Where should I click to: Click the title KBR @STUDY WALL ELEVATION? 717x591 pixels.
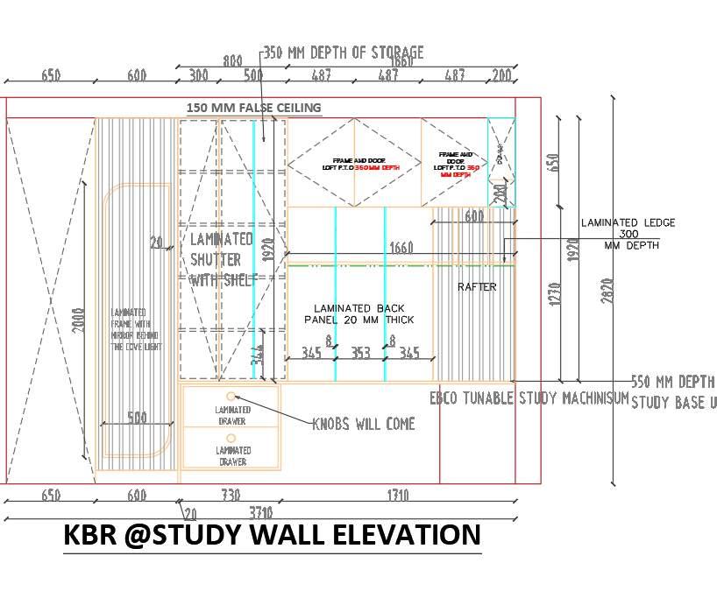click(272, 534)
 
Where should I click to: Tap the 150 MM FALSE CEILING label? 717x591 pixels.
click(253, 108)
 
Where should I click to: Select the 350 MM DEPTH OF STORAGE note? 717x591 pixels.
click(343, 53)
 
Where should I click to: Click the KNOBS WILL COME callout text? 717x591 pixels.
click(364, 424)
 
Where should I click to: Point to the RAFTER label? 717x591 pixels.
click(477, 286)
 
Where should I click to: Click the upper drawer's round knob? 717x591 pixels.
click(231, 397)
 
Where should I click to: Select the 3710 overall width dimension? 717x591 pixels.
click(260, 512)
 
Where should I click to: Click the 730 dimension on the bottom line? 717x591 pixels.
click(231, 496)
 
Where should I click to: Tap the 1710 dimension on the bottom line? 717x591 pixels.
click(397, 496)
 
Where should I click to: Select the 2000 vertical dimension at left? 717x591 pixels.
click(78, 320)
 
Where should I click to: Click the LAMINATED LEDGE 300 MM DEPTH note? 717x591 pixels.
click(628, 234)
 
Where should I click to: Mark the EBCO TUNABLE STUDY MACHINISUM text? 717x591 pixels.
click(529, 398)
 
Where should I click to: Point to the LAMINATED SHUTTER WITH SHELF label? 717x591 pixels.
click(222, 259)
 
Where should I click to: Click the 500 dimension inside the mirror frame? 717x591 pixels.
click(137, 418)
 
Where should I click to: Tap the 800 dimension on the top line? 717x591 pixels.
click(231, 61)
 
